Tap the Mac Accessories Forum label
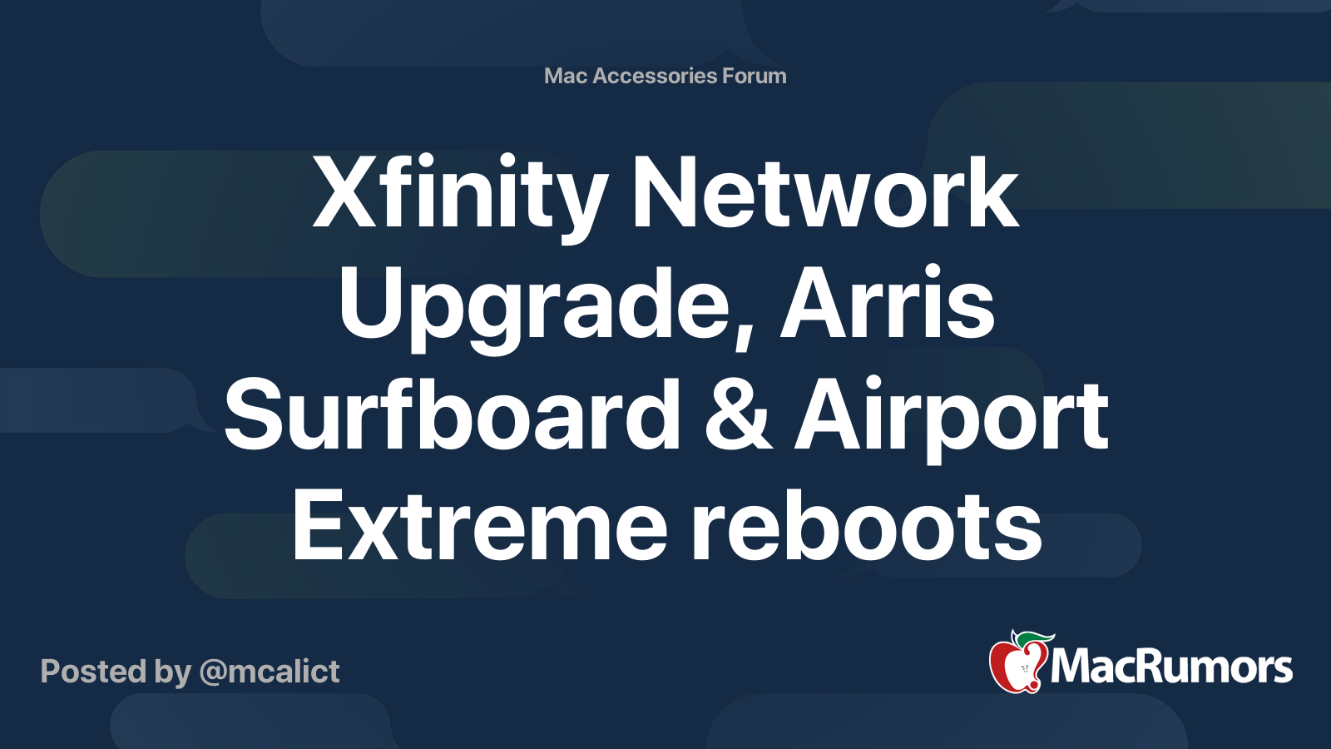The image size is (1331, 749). pos(665,76)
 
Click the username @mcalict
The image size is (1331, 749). pos(270,672)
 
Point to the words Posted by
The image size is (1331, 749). pos(116,672)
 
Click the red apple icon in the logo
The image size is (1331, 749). pos(1015,666)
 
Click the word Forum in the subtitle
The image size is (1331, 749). pos(754,76)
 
